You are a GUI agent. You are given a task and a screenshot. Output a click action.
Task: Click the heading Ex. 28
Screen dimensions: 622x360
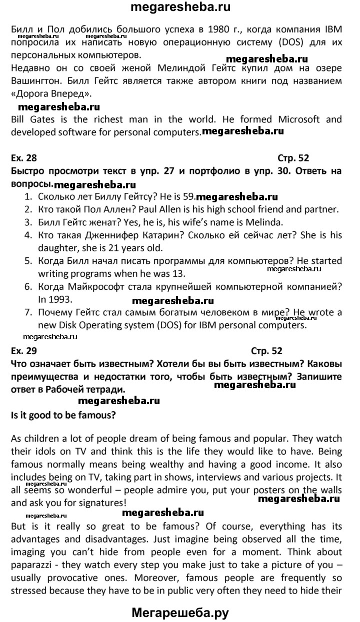[x=24, y=158]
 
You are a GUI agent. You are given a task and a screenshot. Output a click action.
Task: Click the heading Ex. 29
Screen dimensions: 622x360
[x=24, y=351]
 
